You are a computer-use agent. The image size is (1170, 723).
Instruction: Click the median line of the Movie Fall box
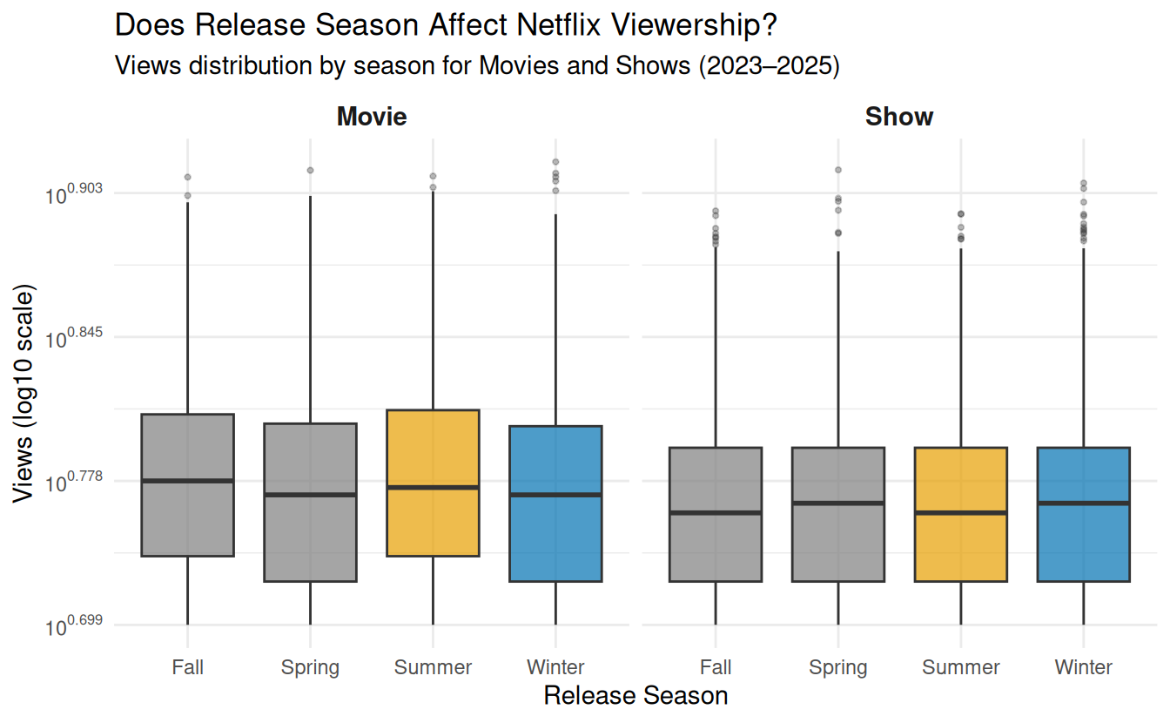(188, 481)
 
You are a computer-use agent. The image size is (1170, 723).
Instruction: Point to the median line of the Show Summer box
(961, 513)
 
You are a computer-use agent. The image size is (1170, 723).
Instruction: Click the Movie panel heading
(372, 117)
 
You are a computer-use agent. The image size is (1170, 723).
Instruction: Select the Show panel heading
(899, 117)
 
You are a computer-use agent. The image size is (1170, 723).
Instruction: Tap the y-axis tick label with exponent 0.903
(73, 194)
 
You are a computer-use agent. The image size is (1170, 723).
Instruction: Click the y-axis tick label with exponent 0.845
(73, 338)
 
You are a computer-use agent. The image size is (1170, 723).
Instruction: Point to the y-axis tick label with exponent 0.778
(73, 482)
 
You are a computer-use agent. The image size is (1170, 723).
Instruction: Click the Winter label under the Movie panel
(555, 668)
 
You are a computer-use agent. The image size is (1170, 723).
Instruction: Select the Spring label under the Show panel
(838, 668)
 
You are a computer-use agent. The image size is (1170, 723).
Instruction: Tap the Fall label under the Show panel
(716, 668)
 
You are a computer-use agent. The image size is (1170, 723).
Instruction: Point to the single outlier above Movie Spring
(310, 171)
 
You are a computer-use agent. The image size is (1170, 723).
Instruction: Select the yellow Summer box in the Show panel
(961, 549)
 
